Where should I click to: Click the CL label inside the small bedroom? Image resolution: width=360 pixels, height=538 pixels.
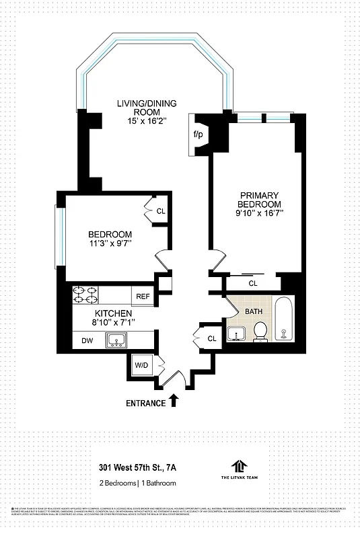(161, 211)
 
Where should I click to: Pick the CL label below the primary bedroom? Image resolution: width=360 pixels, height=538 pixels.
(252, 284)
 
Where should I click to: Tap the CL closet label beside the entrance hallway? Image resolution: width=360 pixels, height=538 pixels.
(212, 338)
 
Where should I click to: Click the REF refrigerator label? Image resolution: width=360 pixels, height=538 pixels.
(143, 296)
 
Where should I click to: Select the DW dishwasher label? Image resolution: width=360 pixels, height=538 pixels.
(87, 342)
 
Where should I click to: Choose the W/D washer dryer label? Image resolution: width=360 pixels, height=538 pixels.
(141, 365)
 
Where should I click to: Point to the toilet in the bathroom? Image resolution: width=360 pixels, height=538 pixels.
(260, 332)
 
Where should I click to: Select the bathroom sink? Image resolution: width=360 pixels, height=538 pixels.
(236, 333)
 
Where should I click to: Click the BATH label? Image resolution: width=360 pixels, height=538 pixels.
(254, 311)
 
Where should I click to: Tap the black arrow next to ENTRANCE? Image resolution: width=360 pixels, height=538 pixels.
(174, 401)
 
